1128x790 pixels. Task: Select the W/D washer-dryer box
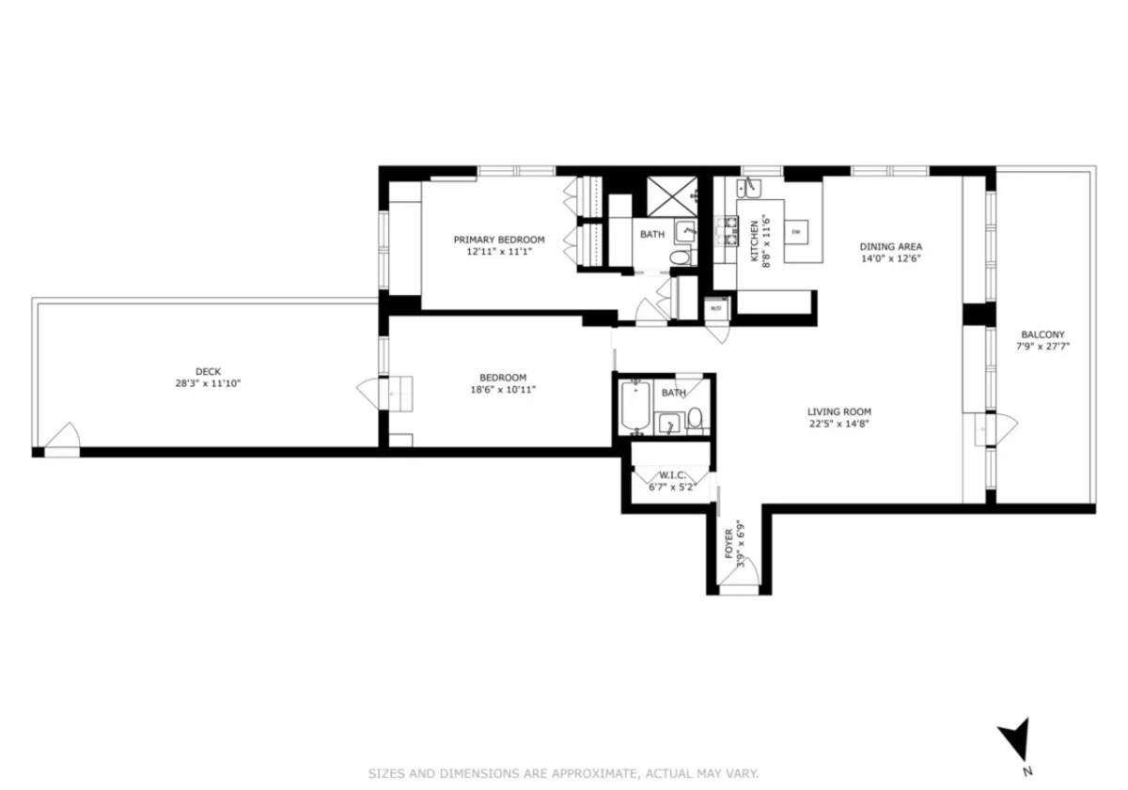715,307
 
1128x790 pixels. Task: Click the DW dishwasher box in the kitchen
795,231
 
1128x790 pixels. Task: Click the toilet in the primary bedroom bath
680,256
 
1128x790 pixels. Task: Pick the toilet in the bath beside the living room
695,420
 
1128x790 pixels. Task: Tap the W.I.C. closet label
672,474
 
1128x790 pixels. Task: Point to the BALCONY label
1042,334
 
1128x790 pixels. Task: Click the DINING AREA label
890,247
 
